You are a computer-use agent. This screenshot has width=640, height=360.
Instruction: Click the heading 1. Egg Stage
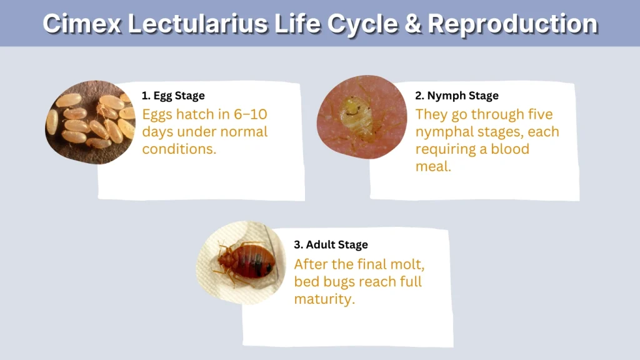[x=173, y=96]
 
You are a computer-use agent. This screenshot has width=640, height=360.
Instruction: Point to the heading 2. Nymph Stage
[x=457, y=96]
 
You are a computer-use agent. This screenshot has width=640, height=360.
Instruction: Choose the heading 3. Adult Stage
[x=331, y=244]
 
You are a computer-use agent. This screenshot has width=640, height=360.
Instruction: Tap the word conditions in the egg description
[x=178, y=149]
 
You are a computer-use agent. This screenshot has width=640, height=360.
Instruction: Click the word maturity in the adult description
[x=324, y=298]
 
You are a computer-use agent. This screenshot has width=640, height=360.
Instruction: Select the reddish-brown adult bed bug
[x=244, y=262]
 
